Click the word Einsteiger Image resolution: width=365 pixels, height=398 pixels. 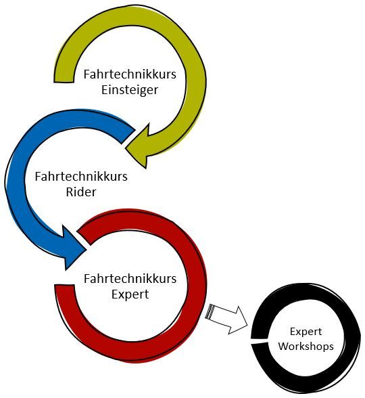(x=130, y=91)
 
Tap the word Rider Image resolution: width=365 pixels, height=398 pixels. (x=81, y=192)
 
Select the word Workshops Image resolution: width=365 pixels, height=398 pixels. (x=306, y=347)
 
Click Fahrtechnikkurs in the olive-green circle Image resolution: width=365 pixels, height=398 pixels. (x=130, y=74)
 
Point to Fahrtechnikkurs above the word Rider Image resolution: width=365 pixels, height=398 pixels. (x=81, y=177)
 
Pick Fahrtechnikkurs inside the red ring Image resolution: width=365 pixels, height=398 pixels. (x=130, y=279)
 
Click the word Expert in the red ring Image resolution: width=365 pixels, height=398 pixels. (x=130, y=295)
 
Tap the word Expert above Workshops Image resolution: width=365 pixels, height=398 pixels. (x=306, y=332)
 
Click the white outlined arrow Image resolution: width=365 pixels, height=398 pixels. (x=226, y=319)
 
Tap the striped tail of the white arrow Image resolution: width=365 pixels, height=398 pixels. (x=210, y=311)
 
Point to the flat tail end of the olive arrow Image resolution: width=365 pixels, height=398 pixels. (x=64, y=82)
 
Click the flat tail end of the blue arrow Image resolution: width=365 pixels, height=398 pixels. (x=128, y=137)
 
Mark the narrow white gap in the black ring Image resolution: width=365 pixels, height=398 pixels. (x=259, y=340)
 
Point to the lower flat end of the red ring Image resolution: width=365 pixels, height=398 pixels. (x=65, y=286)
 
